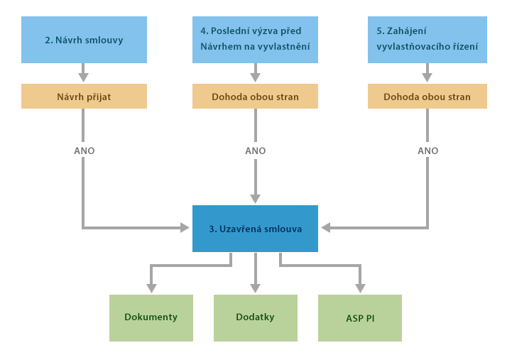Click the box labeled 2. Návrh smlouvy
click(84, 40)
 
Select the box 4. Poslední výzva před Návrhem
click(254, 40)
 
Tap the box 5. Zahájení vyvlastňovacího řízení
click(426, 40)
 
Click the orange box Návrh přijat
click(84, 96)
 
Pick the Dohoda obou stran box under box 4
click(254, 96)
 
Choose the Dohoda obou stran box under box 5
click(426, 96)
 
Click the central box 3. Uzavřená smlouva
click(254, 228)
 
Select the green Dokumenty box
click(151, 317)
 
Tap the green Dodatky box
click(255, 317)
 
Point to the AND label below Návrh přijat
click(84, 151)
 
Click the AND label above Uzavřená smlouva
click(255, 151)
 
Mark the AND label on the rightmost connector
click(427, 151)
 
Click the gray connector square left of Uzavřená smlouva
click(185, 227)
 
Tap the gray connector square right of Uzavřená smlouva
click(325, 227)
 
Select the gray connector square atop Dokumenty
click(151, 288)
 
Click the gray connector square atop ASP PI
click(360, 288)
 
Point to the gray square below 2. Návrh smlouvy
click(84, 77)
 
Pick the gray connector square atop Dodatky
click(255, 288)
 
